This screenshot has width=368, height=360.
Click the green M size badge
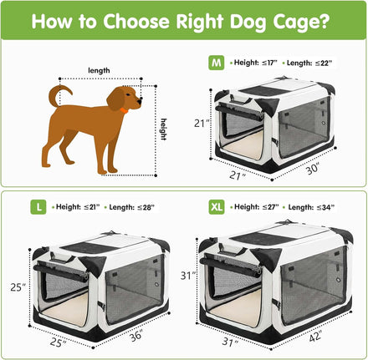point(216,63)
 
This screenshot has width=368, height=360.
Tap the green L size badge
point(38,207)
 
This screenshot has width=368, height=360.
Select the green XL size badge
point(217,207)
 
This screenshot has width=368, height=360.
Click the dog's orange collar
point(124,110)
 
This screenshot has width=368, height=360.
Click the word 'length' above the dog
point(99,70)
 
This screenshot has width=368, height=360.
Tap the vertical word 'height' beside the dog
point(164,129)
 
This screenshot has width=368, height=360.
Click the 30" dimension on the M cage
point(313,169)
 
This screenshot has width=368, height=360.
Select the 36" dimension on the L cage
point(136,335)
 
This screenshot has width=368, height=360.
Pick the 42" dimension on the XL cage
point(315,336)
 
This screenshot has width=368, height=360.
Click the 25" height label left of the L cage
point(18,287)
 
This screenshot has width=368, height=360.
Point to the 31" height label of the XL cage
point(188,276)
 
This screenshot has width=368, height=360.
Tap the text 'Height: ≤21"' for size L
point(78,207)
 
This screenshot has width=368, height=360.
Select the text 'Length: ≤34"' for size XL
point(311,207)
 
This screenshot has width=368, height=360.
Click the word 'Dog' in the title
point(248,22)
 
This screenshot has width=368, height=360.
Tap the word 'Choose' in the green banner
point(136,21)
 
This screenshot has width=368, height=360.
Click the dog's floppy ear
point(115,99)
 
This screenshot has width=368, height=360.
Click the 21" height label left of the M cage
point(202,123)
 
